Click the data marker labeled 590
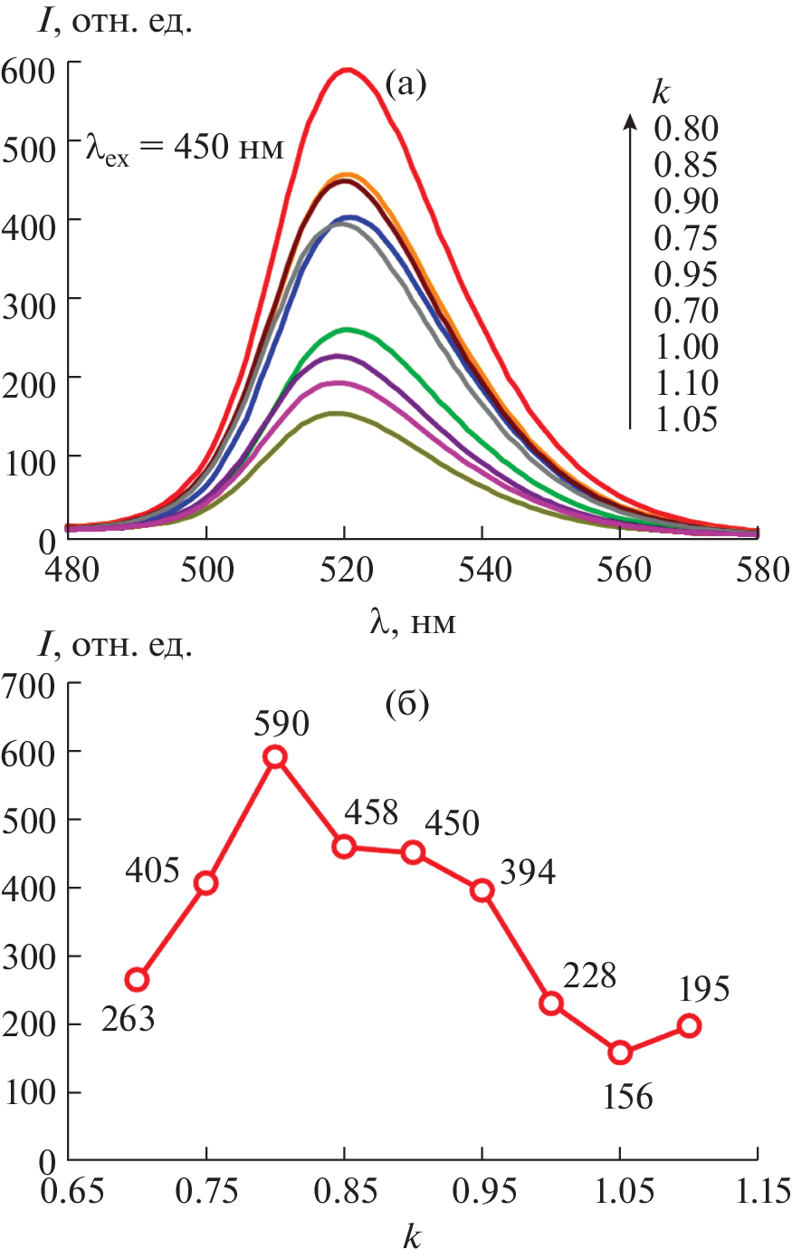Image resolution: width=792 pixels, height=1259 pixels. pyautogui.click(x=275, y=756)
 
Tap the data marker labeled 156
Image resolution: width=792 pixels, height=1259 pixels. pyautogui.click(x=620, y=1052)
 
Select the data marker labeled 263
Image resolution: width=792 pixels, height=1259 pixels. pyautogui.click(x=137, y=979)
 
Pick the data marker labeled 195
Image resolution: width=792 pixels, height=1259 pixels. pyautogui.click(x=689, y=1025)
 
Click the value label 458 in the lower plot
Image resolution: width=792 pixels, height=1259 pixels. pyautogui.click(x=371, y=812)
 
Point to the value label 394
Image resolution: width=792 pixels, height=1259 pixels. pyautogui.click(x=528, y=872)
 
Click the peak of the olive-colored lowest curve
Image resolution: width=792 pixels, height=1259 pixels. pyautogui.click(x=337, y=414)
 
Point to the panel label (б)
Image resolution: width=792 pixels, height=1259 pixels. pyautogui.click(x=406, y=704)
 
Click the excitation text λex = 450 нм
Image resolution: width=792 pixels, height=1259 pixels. pyautogui.click(x=185, y=147)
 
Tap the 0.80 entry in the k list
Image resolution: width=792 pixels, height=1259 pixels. pyautogui.click(x=686, y=129)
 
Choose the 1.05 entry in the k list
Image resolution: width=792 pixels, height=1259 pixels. pyautogui.click(x=686, y=419)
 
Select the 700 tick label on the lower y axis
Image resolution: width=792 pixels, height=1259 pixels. pyautogui.click(x=30, y=686)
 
